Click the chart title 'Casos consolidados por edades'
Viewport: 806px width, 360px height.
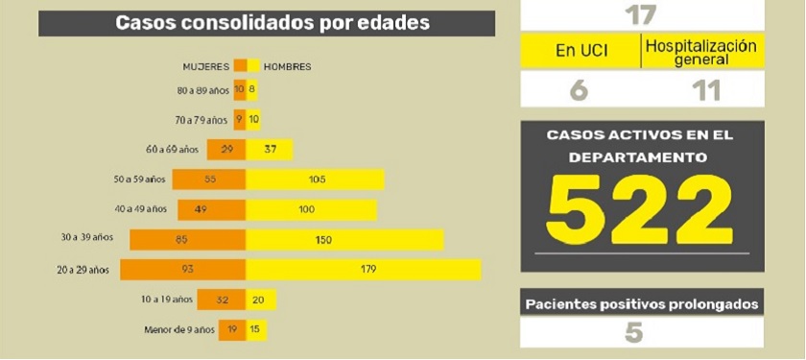(x=273, y=23)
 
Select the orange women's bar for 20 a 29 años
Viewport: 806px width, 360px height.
(x=183, y=271)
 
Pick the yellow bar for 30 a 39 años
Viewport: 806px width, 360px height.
(x=344, y=240)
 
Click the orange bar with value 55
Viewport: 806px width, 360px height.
(x=209, y=180)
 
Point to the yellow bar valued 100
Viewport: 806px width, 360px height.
(x=311, y=209)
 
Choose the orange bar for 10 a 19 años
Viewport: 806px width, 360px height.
(x=222, y=300)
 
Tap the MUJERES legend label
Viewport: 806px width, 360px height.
(x=206, y=66)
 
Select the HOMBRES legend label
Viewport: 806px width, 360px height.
(x=287, y=66)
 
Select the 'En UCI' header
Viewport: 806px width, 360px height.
(x=581, y=51)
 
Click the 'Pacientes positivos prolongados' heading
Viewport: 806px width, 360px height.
(x=642, y=304)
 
